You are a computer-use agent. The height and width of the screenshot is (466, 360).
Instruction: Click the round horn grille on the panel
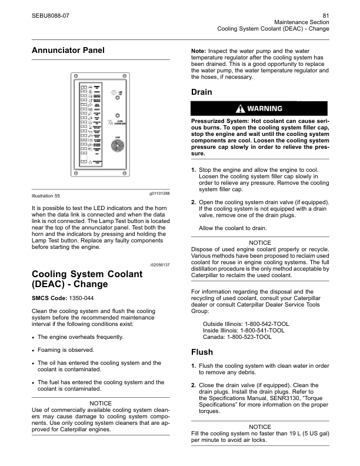pyautogui.click(x=117, y=148)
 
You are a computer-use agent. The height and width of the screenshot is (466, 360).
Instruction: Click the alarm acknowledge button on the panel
pyautogui.click(x=116, y=116)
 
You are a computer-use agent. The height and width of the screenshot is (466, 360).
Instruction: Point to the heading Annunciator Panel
pyautogui.click(x=68, y=51)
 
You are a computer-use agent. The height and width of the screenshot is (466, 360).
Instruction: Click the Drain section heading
pyautogui.click(x=202, y=92)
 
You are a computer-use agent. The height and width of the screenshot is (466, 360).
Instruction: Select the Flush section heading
pyautogui.click(x=202, y=353)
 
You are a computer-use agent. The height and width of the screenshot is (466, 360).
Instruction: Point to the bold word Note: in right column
pyautogui.click(x=202, y=52)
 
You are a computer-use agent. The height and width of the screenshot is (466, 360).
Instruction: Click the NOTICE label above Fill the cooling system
pyautogui.click(x=259, y=426)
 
